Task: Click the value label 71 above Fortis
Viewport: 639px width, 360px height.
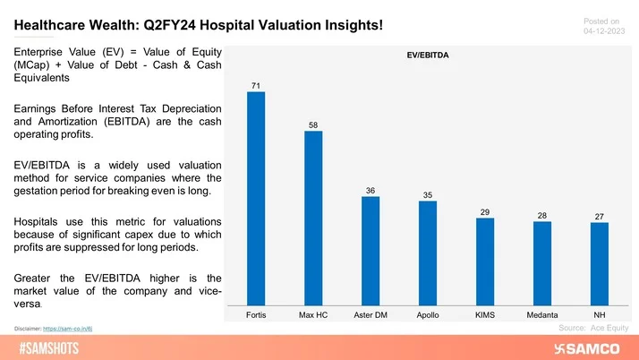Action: (x=256, y=85)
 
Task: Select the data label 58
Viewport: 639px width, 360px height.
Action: (x=313, y=124)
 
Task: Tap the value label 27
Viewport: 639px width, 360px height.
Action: (x=600, y=216)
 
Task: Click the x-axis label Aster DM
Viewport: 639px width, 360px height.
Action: (x=371, y=315)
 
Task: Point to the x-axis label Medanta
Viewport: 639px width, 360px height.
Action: (x=542, y=315)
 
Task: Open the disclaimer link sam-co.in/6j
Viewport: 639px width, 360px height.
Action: (x=72, y=329)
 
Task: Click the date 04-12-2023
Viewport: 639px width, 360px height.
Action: (x=606, y=30)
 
